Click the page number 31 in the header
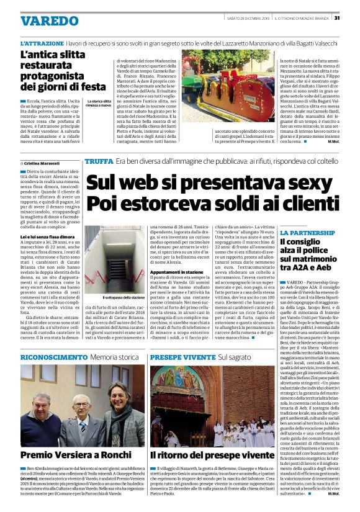(x=337, y=17)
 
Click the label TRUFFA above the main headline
(x=99, y=161)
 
